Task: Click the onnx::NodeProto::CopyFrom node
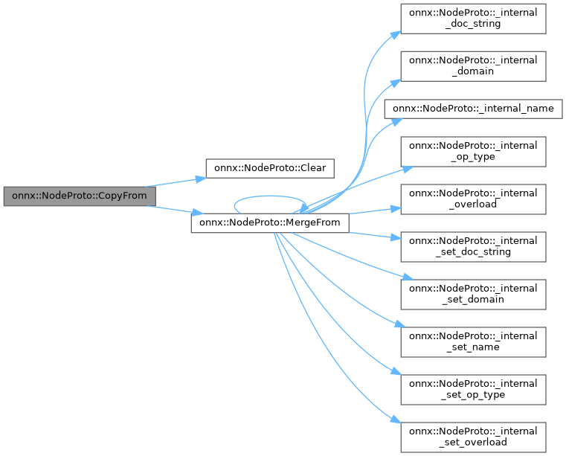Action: [x=80, y=196]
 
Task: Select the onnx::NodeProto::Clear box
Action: [x=269, y=167]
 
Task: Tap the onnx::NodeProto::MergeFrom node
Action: [x=270, y=223]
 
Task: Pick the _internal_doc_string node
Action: [x=474, y=18]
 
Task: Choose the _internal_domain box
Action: [x=474, y=65]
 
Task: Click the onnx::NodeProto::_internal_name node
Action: [x=473, y=108]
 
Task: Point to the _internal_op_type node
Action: [x=474, y=151]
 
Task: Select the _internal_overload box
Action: [x=474, y=199]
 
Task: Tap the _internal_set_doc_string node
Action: [x=474, y=246]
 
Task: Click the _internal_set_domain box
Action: [x=474, y=294]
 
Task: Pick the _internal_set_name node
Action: [x=474, y=341]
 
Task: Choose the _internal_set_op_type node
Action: [x=474, y=389]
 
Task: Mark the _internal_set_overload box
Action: [x=474, y=437]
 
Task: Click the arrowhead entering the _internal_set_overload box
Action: [x=396, y=423]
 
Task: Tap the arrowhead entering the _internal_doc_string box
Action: [x=396, y=32]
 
